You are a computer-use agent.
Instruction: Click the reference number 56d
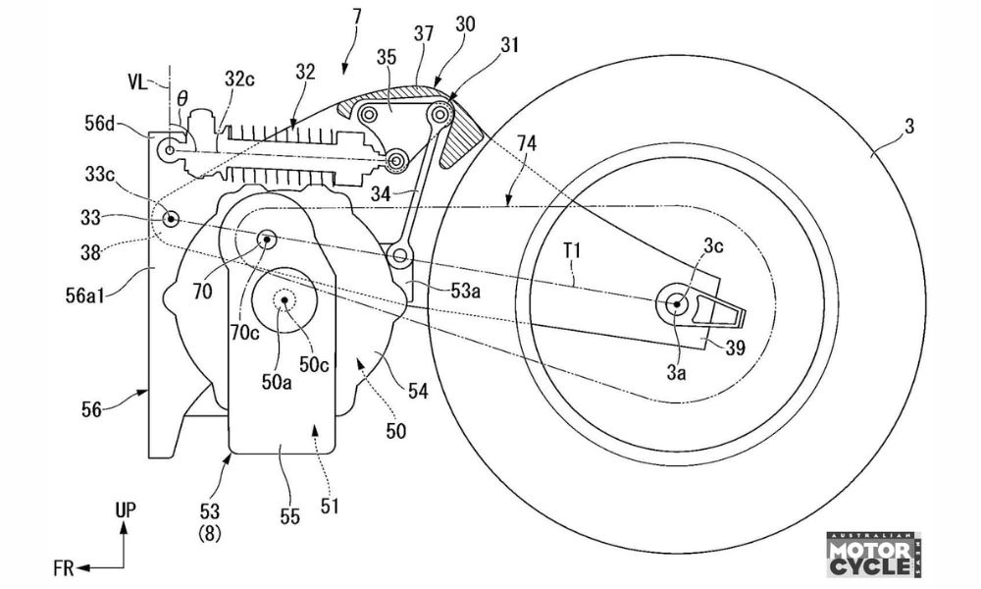(102, 124)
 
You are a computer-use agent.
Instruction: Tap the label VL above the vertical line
(138, 82)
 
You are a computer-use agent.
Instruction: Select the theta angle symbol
(181, 98)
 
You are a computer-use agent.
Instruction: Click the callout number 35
(387, 58)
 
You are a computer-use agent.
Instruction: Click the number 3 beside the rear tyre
(909, 126)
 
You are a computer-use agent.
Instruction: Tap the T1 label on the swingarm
(571, 251)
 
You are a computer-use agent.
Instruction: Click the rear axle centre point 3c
(676, 305)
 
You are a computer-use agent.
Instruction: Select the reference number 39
(735, 348)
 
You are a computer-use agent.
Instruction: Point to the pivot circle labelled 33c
(170, 219)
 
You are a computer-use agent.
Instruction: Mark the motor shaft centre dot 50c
(285, 301)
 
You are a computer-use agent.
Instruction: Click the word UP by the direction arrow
(126, 510)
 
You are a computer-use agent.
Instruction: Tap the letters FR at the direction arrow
(64, 568)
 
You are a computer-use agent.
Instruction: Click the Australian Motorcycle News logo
(874, 555)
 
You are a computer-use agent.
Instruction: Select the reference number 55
(289, 516)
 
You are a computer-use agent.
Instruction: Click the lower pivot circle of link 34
(399, 255)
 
